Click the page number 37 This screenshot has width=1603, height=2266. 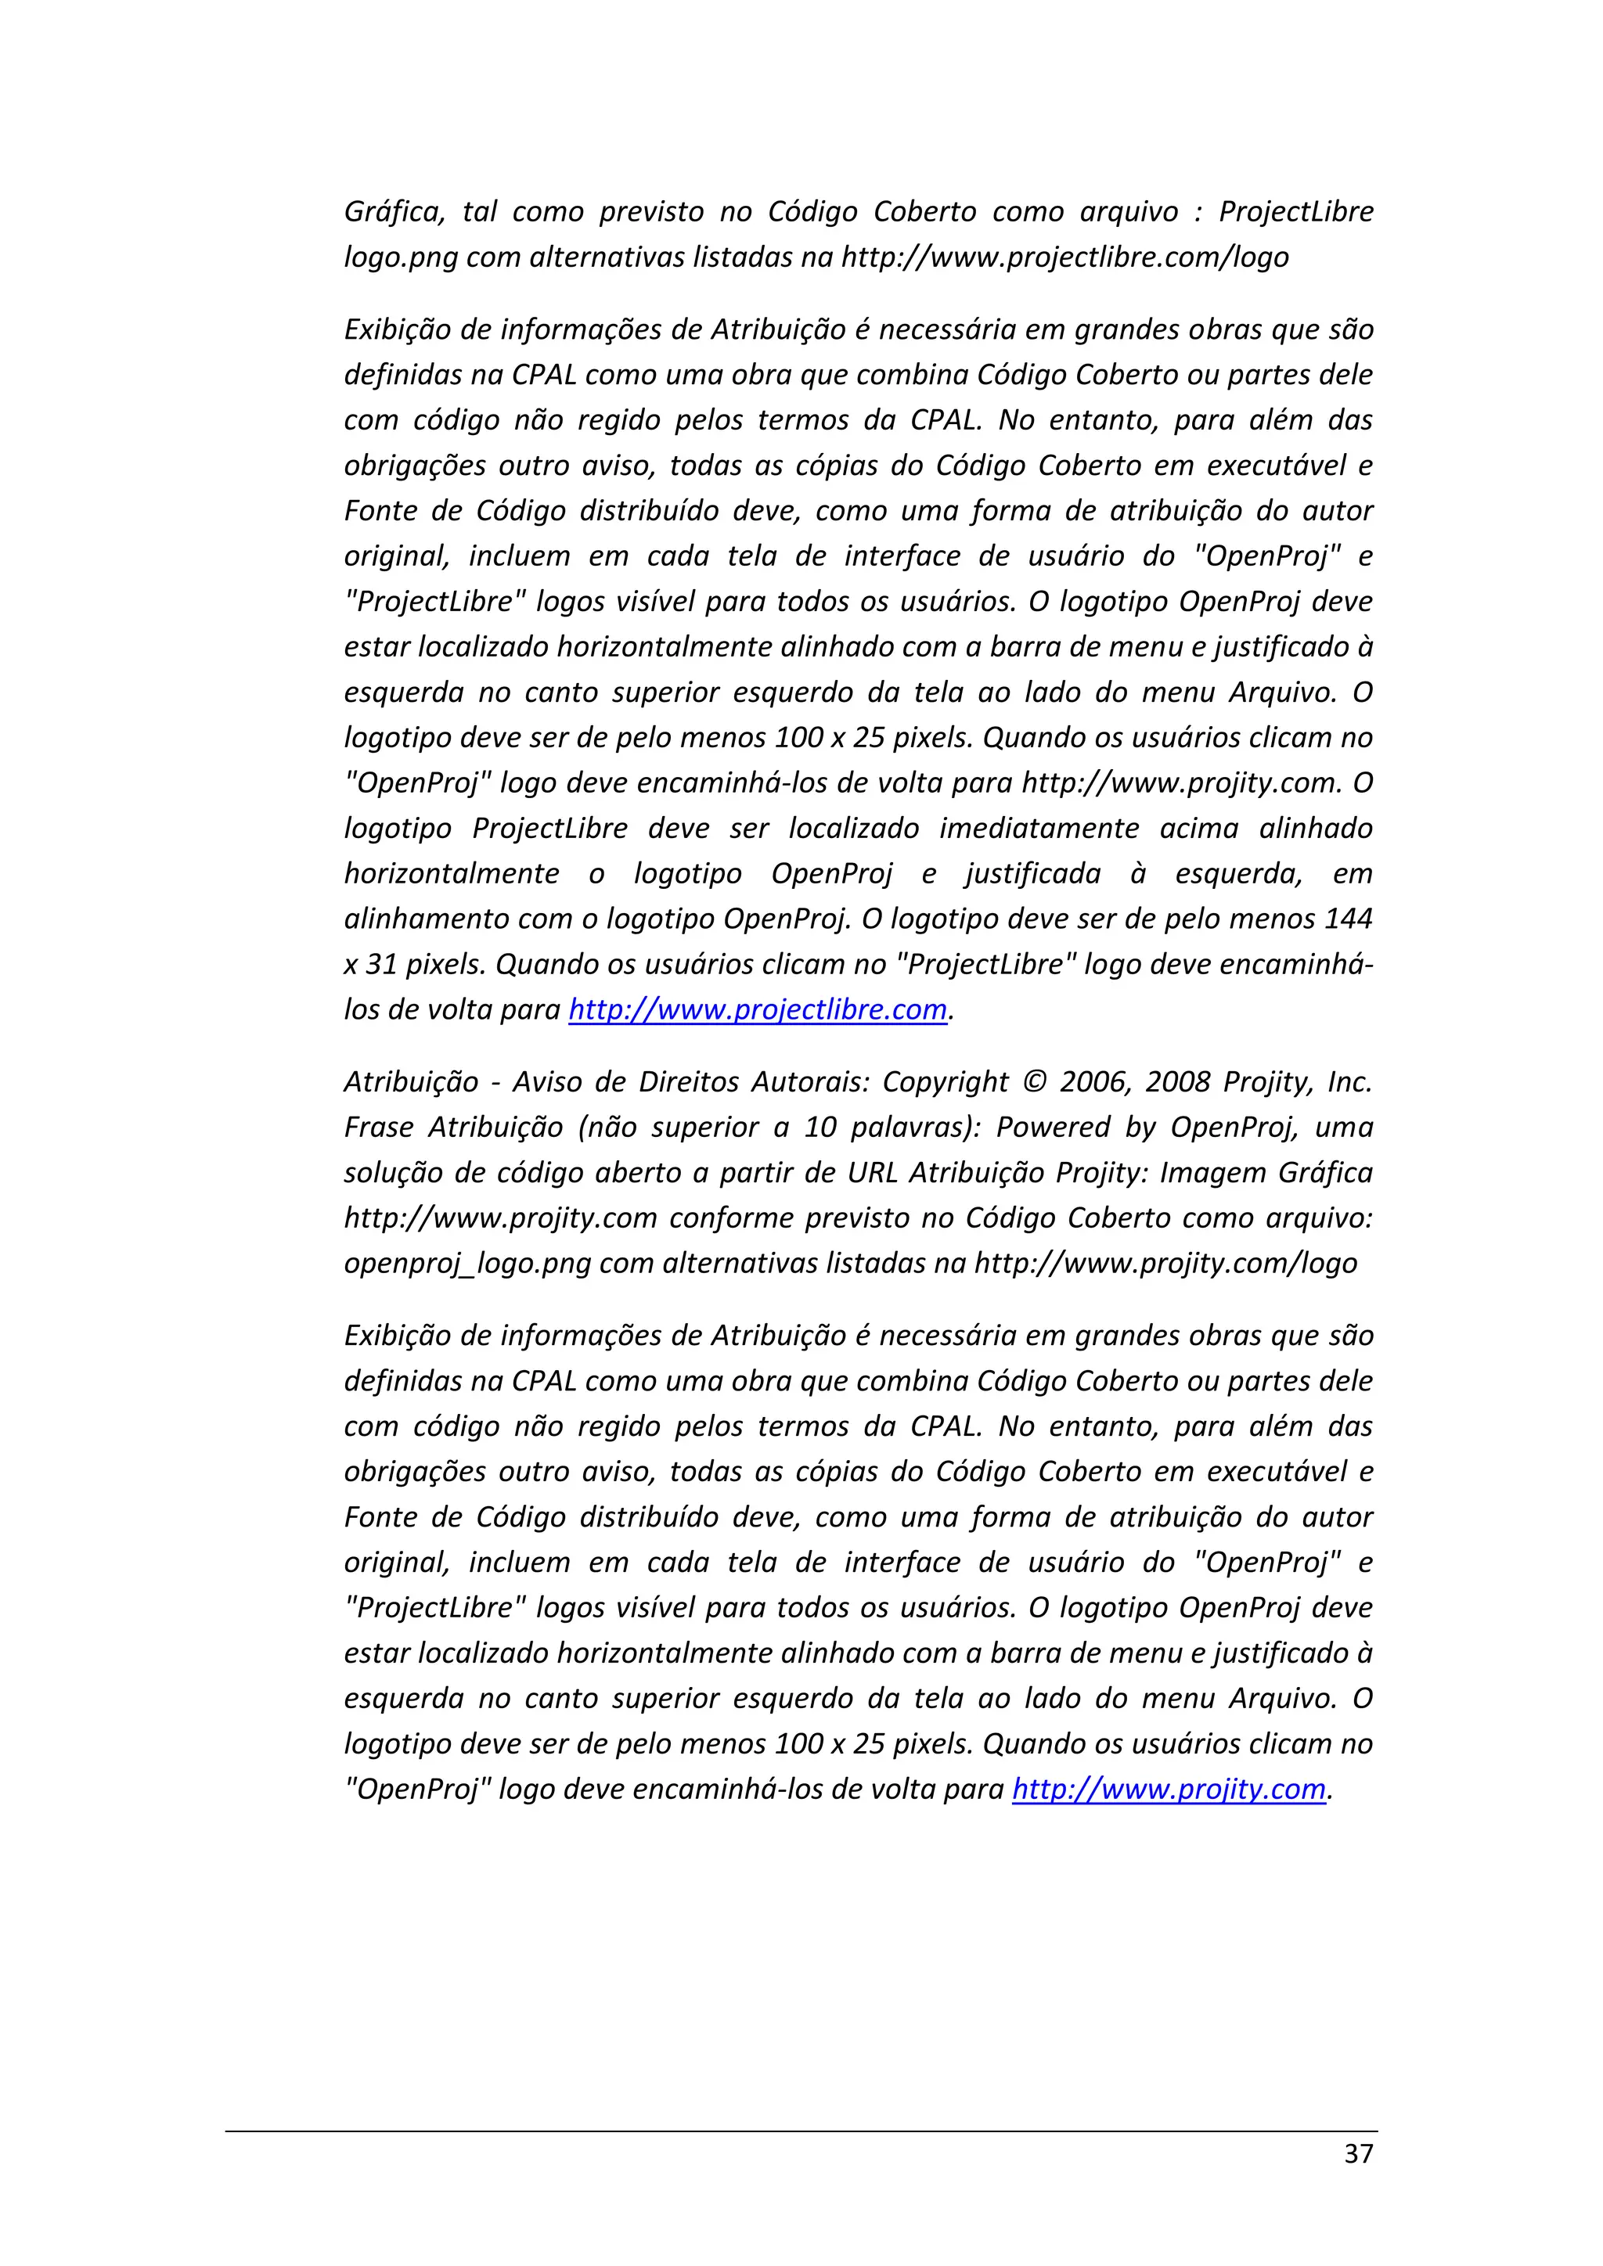tap(1358, 2153)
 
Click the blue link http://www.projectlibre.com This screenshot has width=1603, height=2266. tap(757, 1009)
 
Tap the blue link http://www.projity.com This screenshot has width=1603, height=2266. tap(1168, 1789)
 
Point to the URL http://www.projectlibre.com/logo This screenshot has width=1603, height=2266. tap(1064, 257)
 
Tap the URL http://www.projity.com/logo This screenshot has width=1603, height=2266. tap(1165, 1263)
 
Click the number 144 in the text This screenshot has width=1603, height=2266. tap(1347, 919)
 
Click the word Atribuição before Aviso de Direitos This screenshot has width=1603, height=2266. tap(411, 1083)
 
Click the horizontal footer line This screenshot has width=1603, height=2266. tap(801, 2131)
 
